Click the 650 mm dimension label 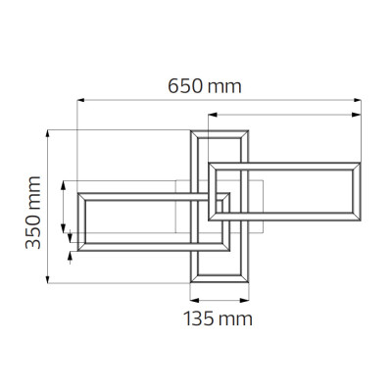tap(205, 86)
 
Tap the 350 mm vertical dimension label tap(33, 213)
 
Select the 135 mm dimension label tap(218, 318)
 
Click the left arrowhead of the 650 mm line tap(81, 100)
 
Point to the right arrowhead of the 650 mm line tap(357, 100)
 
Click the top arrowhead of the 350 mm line tap(48, 134)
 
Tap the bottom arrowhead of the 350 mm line tap(48, 279)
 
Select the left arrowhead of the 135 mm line tap(195, 300)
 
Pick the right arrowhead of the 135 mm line tap(244, 300)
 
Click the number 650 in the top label tap(184, 86)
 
